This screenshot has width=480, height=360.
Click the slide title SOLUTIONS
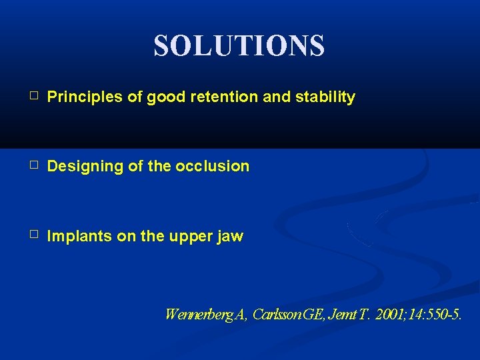(x=239, y=46)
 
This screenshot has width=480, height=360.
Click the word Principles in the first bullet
(x=85, y=97)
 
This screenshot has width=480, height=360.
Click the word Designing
(x=83, y=166)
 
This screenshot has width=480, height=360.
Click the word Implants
(x=79, y=236)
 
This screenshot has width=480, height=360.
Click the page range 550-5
(x=443, y=314)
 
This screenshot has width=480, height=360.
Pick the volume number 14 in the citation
(x=412, y=314)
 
